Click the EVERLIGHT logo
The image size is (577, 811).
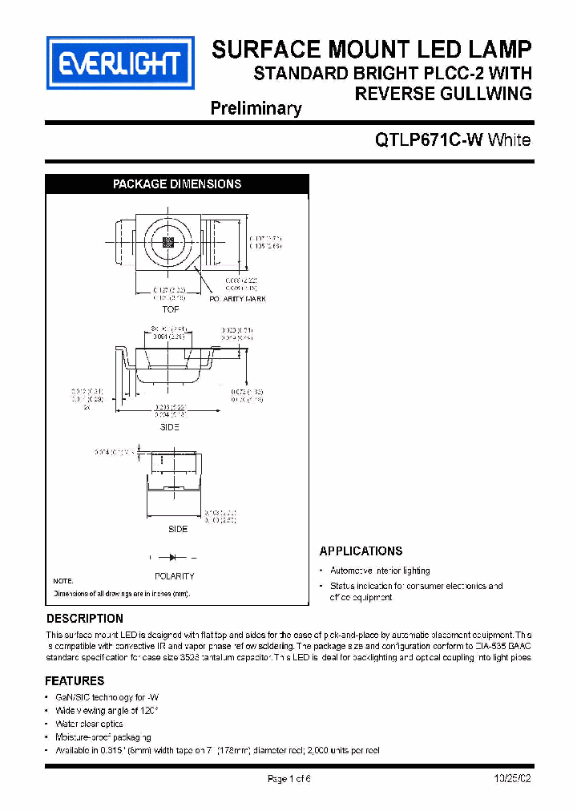[121, 62]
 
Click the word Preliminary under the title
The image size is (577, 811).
[256, 108]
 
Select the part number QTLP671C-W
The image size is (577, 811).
[430, 140]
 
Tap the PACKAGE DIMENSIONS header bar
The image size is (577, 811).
[177, 184]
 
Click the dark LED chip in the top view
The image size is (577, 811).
[168, 241]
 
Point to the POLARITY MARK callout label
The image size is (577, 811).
[238, 299]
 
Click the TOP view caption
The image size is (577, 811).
[170, 309]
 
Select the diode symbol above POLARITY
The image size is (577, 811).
[174, 557]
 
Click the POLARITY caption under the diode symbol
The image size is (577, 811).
[174, 575]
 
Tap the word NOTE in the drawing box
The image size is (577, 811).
[63, 580]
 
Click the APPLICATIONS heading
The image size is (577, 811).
[361, 551]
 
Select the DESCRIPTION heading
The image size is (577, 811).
[85, 619]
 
